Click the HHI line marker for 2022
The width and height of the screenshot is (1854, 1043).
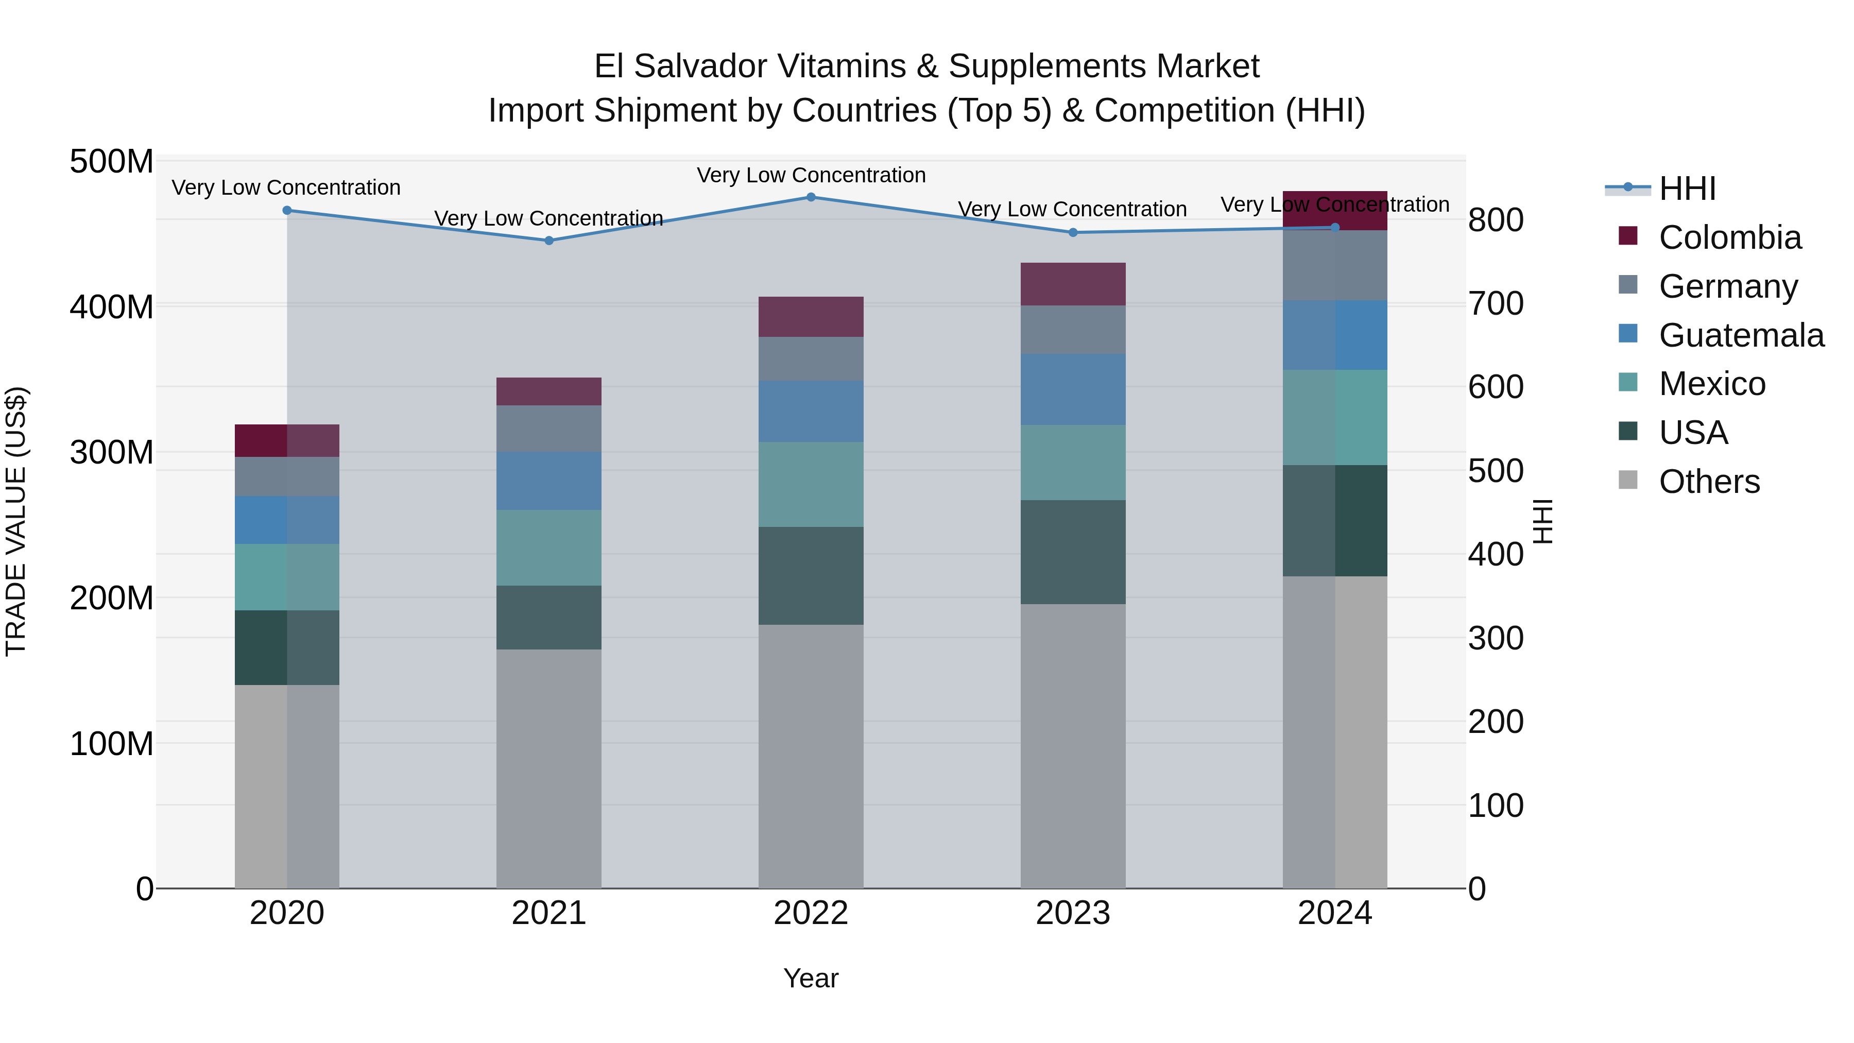coord(811,197)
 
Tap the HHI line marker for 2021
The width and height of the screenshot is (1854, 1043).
coord(548,241)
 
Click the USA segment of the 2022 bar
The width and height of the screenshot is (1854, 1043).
coord(811,575)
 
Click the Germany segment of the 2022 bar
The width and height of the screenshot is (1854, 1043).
coord(811,358)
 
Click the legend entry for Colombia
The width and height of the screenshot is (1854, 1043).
coord(1729,237)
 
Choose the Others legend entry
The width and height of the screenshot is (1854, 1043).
coord(1709,482)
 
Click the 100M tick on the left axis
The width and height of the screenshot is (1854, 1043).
coord(112,744)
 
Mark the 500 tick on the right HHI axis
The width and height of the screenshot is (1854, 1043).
coord(1496,471)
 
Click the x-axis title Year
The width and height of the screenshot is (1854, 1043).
coord(811,978)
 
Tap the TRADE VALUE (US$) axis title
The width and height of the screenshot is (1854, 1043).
coord(16,521)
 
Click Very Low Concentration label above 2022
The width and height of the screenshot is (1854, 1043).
coord(811,175)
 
